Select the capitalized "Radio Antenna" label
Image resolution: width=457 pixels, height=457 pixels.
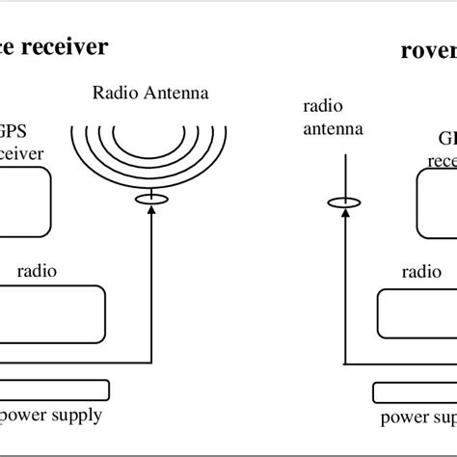(x=151, y=94)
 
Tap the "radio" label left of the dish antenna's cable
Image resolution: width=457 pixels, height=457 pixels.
(x=37, y=271)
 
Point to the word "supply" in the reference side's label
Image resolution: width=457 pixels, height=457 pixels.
(x=76, y=417)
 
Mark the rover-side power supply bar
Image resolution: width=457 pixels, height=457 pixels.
(x=415, y=391)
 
